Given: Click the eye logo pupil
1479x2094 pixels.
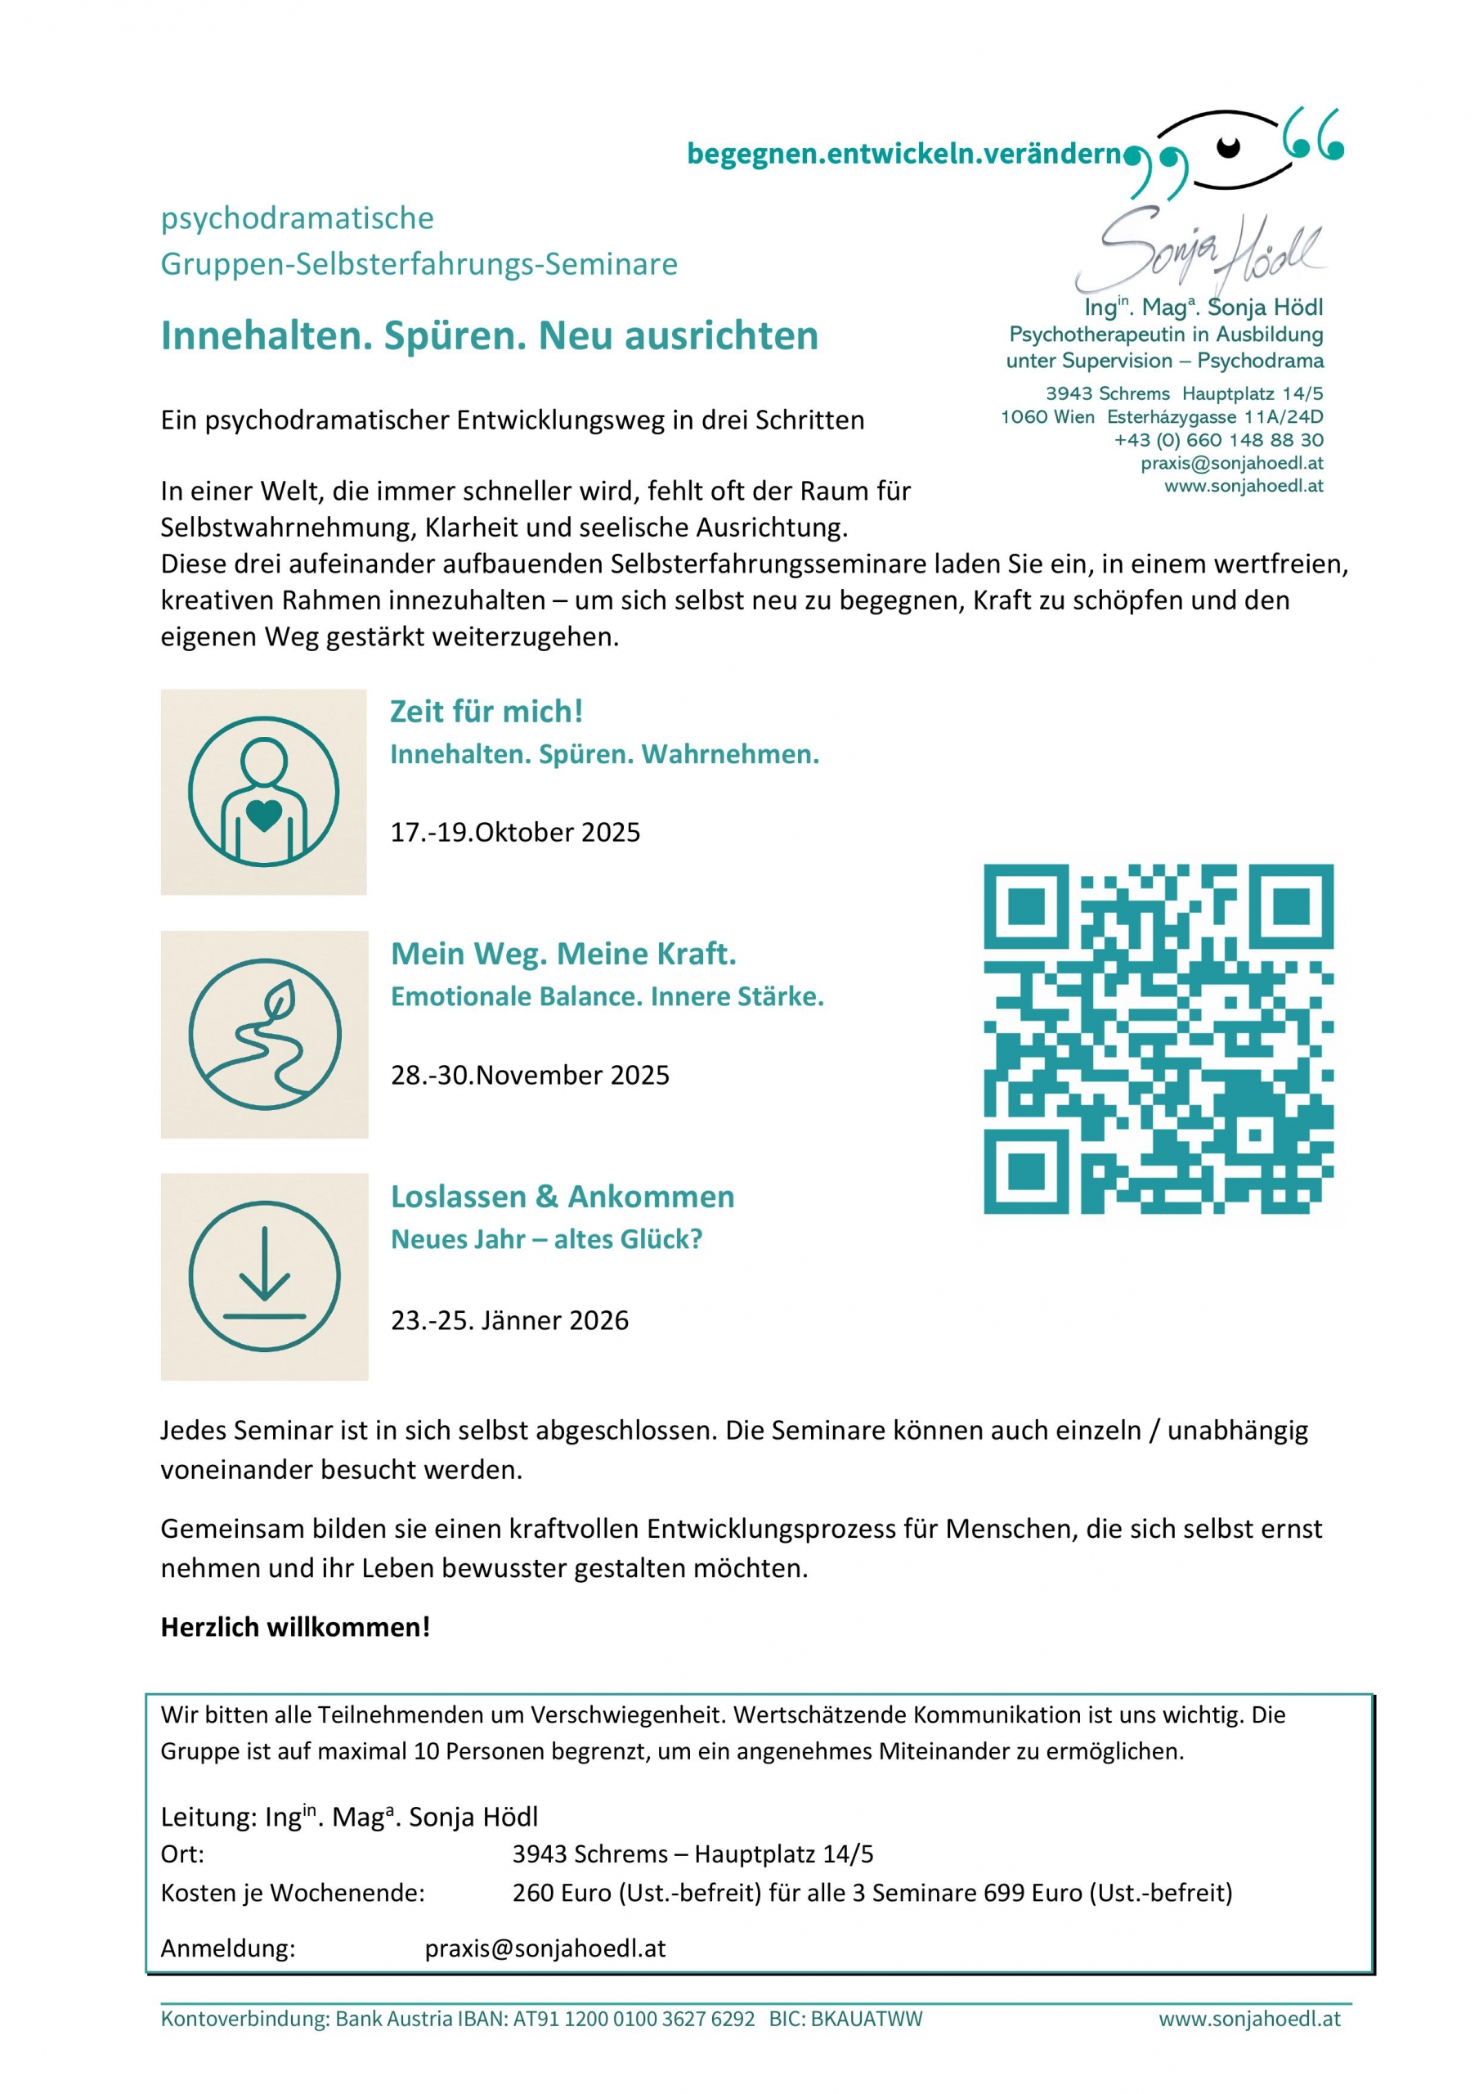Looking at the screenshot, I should tap(1228, 145).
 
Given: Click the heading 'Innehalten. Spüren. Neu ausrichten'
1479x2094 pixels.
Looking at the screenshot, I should tap(489, 335).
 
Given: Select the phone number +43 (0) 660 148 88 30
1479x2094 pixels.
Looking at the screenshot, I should tap(1218, 439).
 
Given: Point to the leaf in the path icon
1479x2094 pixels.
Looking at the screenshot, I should tap(278, 1000).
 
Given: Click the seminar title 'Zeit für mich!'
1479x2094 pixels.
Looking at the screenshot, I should tap(486, 712).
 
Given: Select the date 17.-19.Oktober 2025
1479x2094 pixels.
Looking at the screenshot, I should tap(515, 832).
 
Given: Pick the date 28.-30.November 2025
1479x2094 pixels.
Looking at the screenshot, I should tap(530, 1074).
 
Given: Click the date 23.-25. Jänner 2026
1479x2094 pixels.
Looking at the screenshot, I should tap(509, 1319).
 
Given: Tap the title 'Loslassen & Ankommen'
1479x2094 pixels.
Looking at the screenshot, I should tap(562, 1196).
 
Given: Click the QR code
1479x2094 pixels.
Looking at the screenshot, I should tap(1158, 1039).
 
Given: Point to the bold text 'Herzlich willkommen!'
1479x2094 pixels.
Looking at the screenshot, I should tap(295, 1626).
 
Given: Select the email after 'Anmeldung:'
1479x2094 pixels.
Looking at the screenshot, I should tap(545, 1948).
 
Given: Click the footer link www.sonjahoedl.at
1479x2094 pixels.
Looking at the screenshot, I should tap(1249, 2018).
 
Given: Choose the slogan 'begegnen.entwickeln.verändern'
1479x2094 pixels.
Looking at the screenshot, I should tap(903, 153).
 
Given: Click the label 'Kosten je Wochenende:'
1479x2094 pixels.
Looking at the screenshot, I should tap(293, 1893).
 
